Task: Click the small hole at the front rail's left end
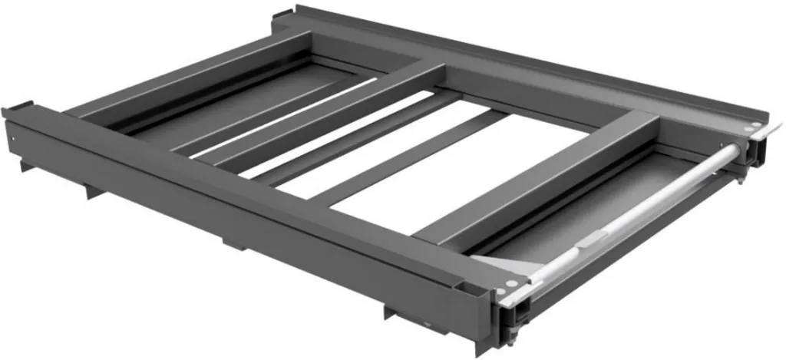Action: tap(13, 137)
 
